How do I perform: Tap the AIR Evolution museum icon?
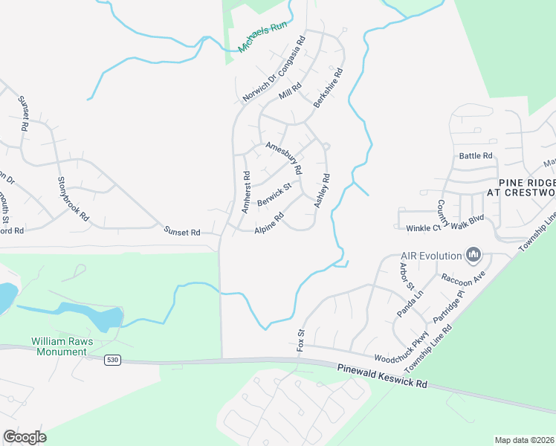473,256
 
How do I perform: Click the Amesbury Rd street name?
284,157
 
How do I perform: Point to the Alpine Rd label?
269,224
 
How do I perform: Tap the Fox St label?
301,340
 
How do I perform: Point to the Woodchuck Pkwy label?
402,354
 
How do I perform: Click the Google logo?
25,437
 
